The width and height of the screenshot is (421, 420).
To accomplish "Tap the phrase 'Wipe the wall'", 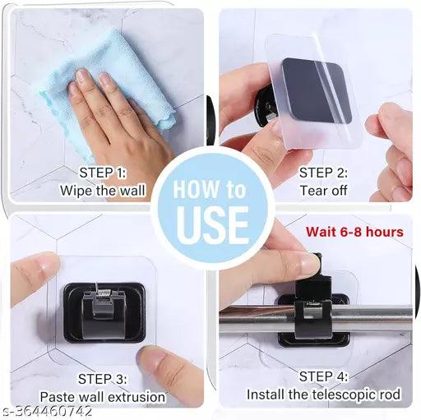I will coord(103,191).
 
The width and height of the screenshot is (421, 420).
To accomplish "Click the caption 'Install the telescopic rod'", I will coord(323,395).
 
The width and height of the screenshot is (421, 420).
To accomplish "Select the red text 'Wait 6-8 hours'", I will coord(354,231).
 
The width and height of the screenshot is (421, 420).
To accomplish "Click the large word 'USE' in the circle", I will coord(211,223).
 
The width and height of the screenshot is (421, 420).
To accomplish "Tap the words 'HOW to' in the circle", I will coord(211,190).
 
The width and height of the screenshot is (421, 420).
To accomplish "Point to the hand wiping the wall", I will coord(123,123).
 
